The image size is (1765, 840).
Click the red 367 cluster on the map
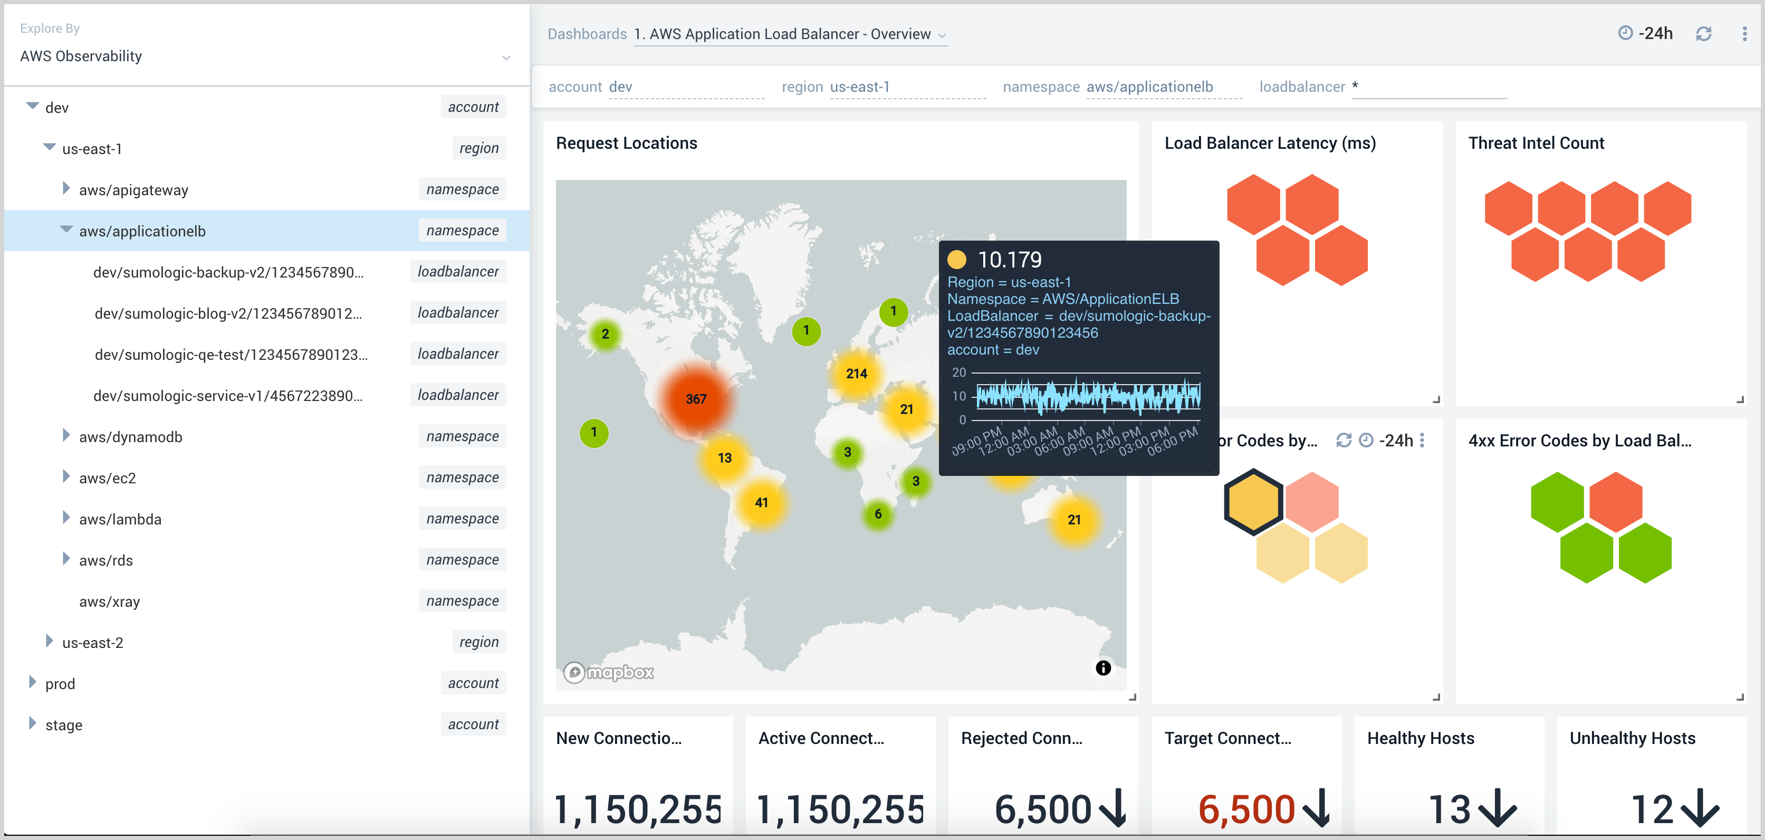click(695, 399)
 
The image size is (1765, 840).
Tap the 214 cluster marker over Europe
click(857, 374)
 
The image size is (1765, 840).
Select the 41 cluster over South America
click(761, 502)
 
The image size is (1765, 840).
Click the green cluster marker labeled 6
click(878, 514)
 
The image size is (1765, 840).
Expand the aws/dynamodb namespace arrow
click(66, 436)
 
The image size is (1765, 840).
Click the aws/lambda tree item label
click(120, 519)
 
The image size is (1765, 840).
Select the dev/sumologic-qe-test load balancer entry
click(231, 354)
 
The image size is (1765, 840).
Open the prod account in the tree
click(60, 684)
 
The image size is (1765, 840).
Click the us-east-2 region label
click(92, 643)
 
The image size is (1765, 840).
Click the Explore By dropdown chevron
click(506, 58)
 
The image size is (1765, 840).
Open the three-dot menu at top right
click(1744, 34)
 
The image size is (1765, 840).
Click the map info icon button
click(1103, 668)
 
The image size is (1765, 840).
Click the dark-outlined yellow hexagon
click(1253, 502)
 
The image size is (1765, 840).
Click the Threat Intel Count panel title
click(1536, 143)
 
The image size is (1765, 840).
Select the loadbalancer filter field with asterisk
click(1428, 87)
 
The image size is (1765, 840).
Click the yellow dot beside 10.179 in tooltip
click(956, 260)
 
